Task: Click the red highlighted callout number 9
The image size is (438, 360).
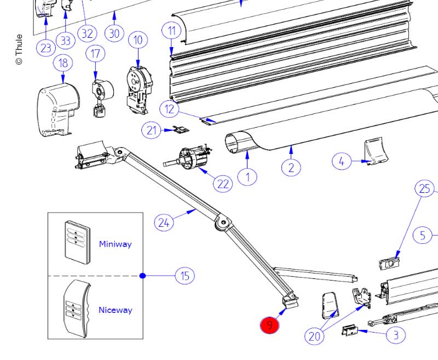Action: click(269, 325)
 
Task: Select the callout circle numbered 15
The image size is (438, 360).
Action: click(185, 276)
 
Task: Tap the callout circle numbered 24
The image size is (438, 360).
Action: click(164, 222)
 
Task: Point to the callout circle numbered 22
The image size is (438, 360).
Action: click(223, 184)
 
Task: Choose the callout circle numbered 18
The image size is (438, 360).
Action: click(63, 63)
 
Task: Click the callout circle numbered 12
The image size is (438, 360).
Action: click(169, 108)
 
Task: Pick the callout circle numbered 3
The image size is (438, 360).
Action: click(396, 335)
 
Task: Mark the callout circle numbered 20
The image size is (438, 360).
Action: click(314, 336)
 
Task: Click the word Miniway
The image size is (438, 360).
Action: click(115, 244)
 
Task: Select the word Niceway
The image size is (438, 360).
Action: click(116, 310)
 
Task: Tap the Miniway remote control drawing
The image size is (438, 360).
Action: click(78, 242)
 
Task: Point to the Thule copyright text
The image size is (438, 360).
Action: click(19, 49)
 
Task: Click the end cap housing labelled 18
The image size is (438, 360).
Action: click(58, 110)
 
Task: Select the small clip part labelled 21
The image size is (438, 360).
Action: click(182, 129)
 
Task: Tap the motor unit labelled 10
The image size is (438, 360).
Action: click(139, 90)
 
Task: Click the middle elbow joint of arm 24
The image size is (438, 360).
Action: click(223, 223)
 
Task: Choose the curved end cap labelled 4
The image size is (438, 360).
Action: click(376, 151)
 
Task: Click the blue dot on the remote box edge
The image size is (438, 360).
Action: click(142, 276)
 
